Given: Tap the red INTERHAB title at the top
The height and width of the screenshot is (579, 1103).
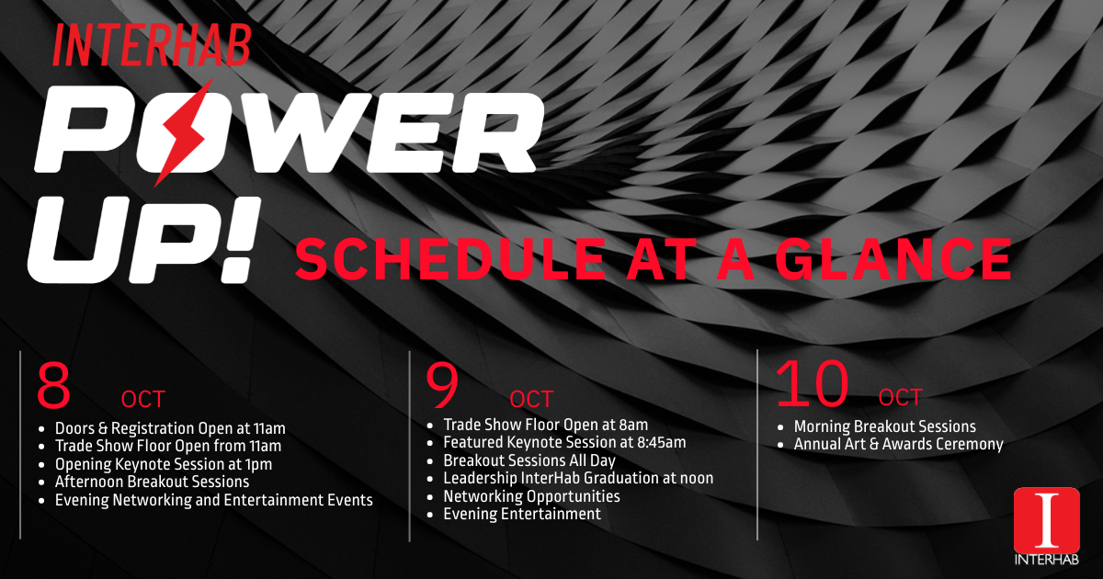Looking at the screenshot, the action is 153,45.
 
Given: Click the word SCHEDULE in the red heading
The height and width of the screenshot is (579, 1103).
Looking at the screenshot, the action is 450,258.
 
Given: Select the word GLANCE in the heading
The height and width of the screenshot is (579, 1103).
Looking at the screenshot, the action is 893,258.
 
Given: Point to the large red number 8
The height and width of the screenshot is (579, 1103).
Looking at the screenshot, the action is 53,386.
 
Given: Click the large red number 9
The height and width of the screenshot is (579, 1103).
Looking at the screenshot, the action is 443,386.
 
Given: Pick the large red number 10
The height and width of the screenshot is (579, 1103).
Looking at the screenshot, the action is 813,384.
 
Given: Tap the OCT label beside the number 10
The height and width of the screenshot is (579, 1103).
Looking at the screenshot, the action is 900,398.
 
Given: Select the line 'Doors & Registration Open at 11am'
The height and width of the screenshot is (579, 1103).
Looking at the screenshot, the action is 170,428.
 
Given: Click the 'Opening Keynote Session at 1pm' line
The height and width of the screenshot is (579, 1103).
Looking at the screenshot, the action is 164,464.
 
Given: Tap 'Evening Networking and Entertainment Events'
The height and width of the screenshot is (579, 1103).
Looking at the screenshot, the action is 213,500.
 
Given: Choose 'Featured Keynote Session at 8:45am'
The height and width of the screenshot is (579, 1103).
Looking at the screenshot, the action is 564,442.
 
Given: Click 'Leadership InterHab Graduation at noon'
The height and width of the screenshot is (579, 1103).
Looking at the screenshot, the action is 578,478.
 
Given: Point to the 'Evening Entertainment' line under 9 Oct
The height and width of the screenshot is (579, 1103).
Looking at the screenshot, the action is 522,514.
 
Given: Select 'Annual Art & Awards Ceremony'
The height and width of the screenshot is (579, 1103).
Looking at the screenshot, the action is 899,444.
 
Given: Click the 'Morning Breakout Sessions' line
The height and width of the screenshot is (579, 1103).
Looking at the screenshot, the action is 885,426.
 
